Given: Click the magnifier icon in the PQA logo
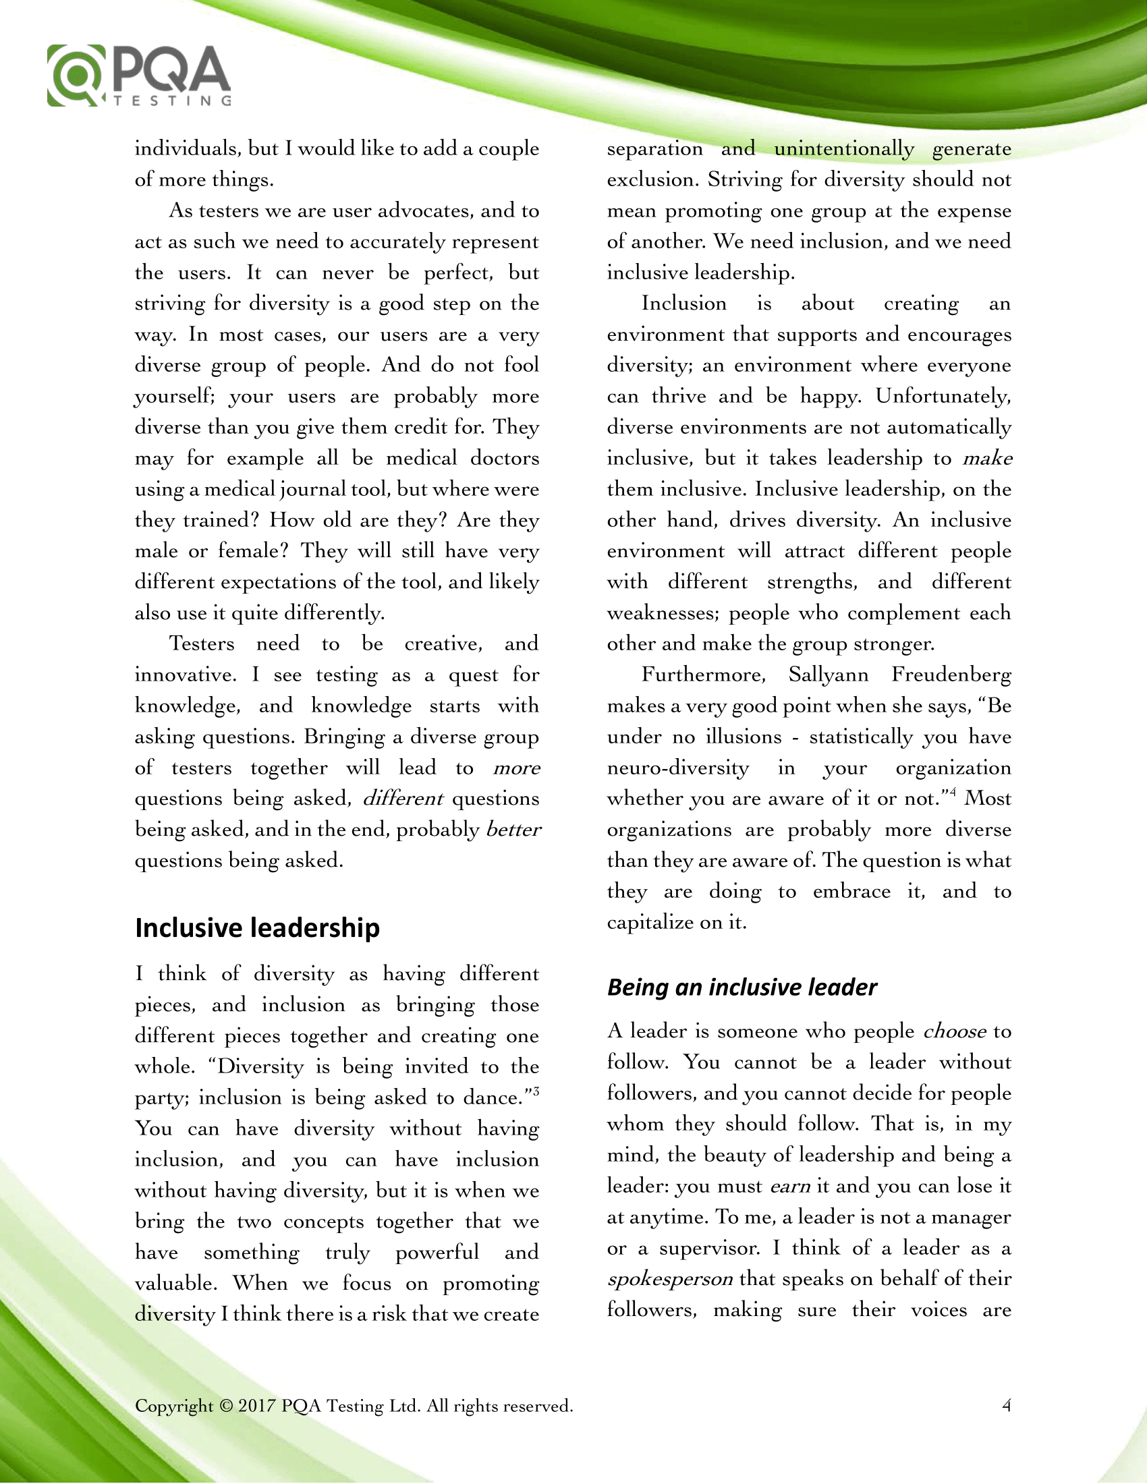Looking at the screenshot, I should pyautogui.click(x=76, y=75).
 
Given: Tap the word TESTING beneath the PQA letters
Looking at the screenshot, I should pyautogui.click(x=173, y=101).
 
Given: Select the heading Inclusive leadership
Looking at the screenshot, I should pyautogui.click(x=257, y=928).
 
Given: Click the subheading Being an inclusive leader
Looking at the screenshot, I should pyautogui.click(x=742, y=988).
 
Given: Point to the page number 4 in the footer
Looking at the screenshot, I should pyautogui.click(x=1007, y=1405).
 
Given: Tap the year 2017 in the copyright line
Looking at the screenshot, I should pyautogui.click(x=257, y=1406).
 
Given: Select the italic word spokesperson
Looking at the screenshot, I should pyautogui.click(x=670, y=1280).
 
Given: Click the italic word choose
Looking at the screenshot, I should pyautogui.click(x=955, y=1032).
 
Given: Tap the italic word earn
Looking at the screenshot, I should pyautogui.click(x=790, y=1187).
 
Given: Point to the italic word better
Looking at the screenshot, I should pyautogui.click(x=513, y=830).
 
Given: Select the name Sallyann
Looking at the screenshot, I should pyautogui.click(x=829, y=675).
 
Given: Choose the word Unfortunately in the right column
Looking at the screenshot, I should pyautogui.click(x=943, y=396).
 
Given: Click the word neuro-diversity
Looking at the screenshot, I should pyautogui.click(x=678, y=768).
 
